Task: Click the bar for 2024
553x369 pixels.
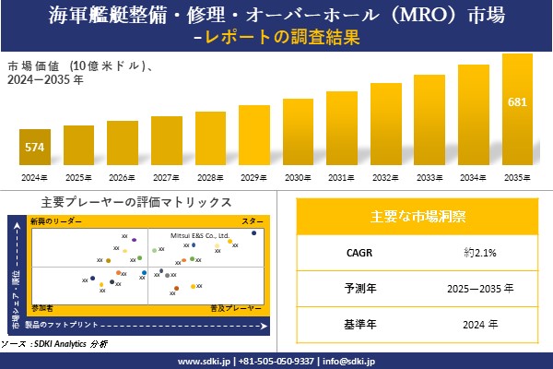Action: click(34, 148)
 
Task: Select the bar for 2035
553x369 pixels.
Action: click(517, 111)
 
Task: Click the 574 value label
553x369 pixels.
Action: click(34, 147)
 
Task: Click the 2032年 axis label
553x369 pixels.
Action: click(386, 177)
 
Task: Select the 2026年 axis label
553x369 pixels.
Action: click(122, 177)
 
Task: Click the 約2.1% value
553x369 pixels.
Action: click(480, 252)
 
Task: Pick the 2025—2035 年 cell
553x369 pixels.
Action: click(480, 288)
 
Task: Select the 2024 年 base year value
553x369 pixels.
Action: click(480, 324)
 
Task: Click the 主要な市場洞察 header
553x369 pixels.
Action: click(418, 217)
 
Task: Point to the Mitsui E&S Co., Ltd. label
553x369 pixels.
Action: click(199, 236)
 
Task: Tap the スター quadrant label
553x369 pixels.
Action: click(252, 222)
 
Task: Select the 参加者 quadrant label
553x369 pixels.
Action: click(42, 305)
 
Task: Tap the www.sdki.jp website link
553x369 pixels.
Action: click(204, 361)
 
